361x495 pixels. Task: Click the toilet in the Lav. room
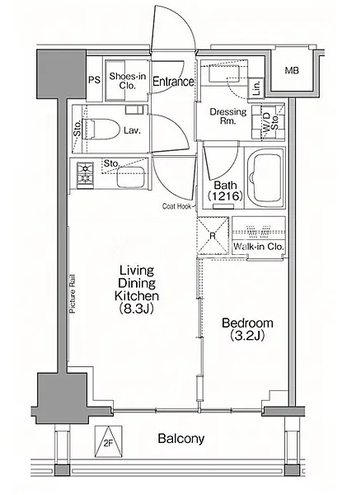pyautogui.click(x=101, y=130)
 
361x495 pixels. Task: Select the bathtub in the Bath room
pyautogui.click(x=265, y=177)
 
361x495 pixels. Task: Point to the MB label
pyautogui.click(x=292, y=70)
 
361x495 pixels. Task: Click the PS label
pyautogui.click(x=94, y=80)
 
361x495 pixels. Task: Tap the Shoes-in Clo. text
pyautogui.click(x=128, y=81)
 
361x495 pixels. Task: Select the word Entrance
pyautogui.click(x=173, y=82)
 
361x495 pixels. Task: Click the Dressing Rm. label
pyautogui.click(x=228, y=115)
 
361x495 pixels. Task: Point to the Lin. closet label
pyautogui.click(x=256, y=87)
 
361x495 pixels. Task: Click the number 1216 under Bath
pyautogui.click(x=226, y=196)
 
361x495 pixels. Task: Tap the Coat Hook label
pyautogui.click(x=177, y=206)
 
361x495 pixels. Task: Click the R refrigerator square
pyautogui.click(x=213, y=235)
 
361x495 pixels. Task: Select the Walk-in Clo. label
pyautogui.click(x=259, y=246)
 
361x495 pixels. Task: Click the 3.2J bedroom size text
pyautogui.click(x=247, y=336)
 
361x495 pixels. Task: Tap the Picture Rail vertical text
pyautogui.click(x=73, y=293)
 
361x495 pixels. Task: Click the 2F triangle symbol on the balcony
pyautogui.click(x=109, y=441)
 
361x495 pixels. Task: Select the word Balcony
pyautogui.click(x=181, y=439)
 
